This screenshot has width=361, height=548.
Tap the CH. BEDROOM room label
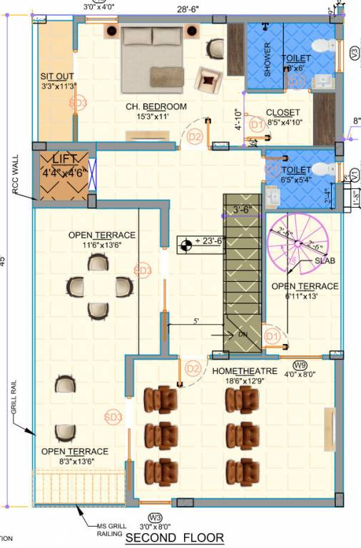156,106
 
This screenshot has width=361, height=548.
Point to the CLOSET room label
283,113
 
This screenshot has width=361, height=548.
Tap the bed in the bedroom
153,60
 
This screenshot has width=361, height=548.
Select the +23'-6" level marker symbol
185,245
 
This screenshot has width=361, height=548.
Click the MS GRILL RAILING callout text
108,529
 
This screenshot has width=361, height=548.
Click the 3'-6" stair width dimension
244,210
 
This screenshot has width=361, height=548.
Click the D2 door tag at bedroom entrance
195,136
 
